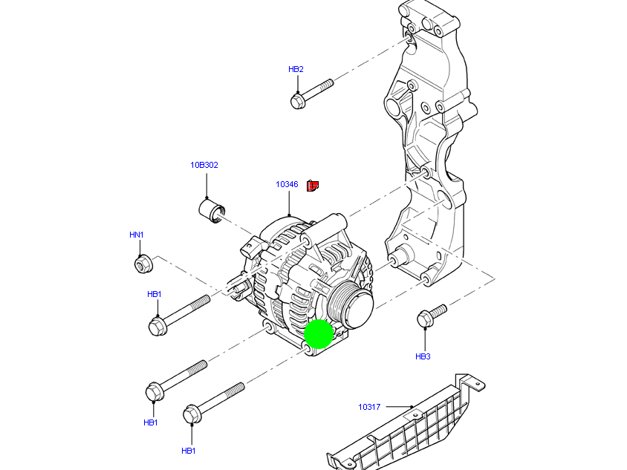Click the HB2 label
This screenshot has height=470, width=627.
click(296, 69)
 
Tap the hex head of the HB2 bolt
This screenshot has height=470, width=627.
click(298, 100)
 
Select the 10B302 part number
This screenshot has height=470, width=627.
click(204, 165)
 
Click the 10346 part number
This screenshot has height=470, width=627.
click(287, 184)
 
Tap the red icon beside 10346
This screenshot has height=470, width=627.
click(313, 185)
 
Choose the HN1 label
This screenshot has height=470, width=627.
click(136, 235)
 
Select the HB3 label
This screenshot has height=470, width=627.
click(423, 356)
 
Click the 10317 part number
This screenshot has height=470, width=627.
click(369, 406)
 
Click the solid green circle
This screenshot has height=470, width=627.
click(319, 333)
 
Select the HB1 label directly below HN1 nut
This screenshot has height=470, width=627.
click(154, 294)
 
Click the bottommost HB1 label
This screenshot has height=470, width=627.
click(189, 450)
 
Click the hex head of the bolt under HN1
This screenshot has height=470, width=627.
click(157, 325)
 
